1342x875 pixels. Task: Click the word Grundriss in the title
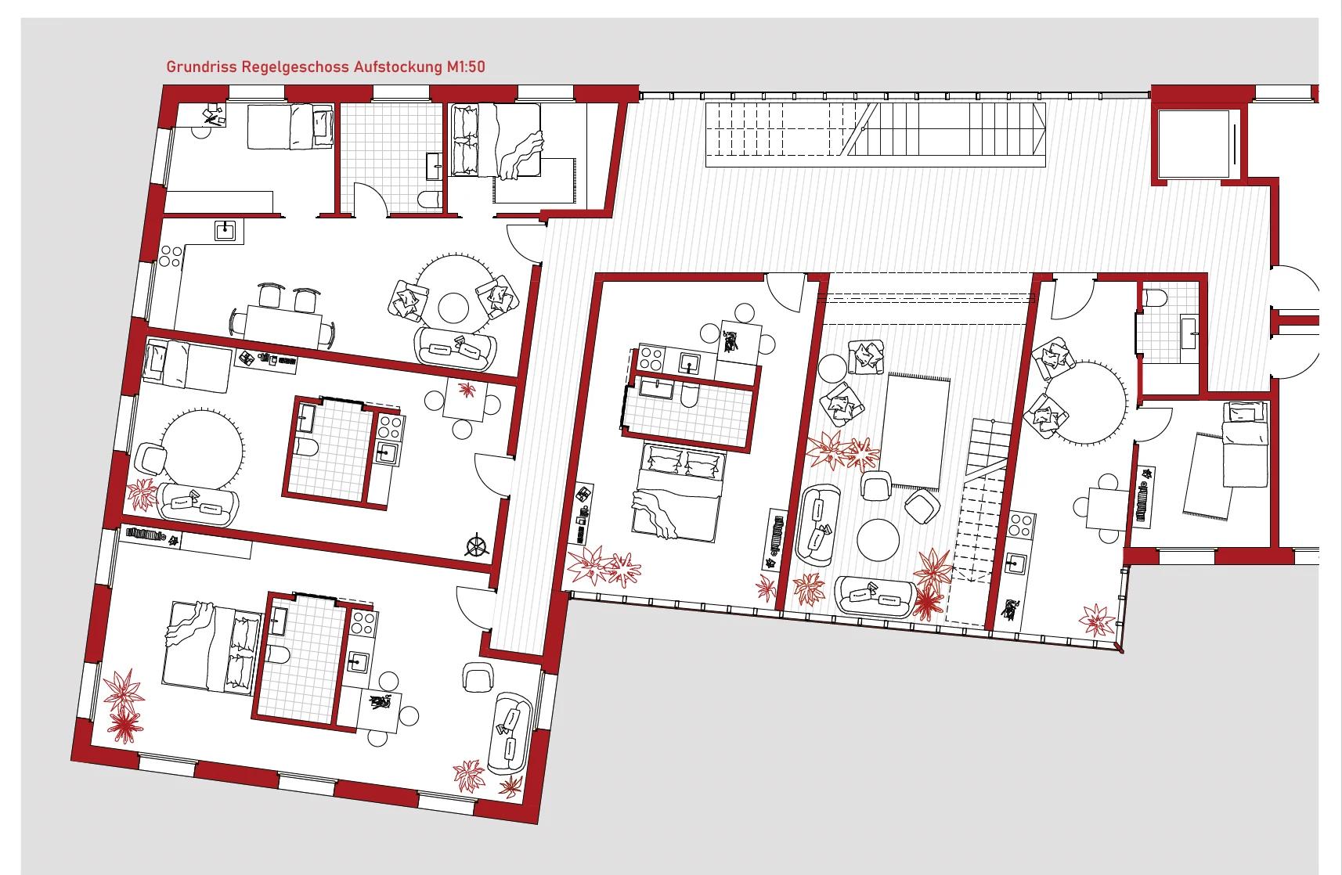click(201, 67)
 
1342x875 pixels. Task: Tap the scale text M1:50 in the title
click(466, 67)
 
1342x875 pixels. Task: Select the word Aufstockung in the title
click(398, 67)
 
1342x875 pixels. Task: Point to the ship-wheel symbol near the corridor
click(477, 545)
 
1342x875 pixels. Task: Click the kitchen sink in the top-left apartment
click(225, 230)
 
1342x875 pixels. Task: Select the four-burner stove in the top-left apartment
click(170, 257)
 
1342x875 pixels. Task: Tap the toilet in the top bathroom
click(430, 200)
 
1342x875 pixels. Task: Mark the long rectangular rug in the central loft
click(917, 430)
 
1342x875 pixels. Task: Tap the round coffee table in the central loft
click(878, 539)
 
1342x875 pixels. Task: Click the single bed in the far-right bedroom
click(1245, 444)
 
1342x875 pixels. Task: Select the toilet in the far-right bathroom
click(1155, 297)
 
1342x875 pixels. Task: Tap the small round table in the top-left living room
click(453, 308)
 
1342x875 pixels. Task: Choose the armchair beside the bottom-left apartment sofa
click(478, 677)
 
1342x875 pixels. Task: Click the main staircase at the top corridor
click(875, 134)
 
